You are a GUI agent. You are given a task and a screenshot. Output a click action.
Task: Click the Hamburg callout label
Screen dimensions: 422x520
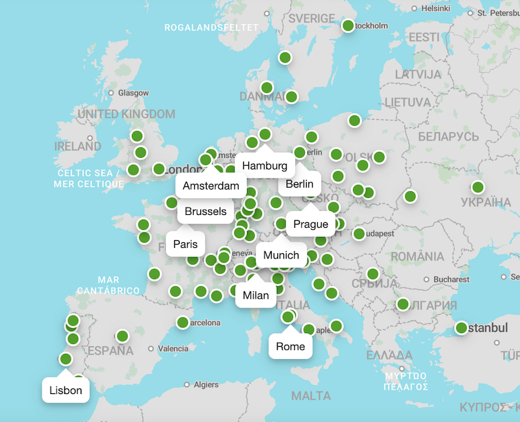point(265,166)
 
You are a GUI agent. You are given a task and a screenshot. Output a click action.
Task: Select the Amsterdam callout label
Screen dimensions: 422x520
point(211,186)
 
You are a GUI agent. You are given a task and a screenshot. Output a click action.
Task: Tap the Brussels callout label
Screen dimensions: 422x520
point(205,211)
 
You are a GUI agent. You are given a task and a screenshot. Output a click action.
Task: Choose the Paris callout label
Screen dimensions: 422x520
point(185,244)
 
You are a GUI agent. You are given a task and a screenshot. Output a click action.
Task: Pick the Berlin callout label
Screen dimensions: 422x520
point(299,184)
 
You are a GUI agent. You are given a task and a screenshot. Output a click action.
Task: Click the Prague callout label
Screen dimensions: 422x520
point(311,224)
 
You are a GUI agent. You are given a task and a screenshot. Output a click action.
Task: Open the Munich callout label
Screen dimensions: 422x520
point(281,255)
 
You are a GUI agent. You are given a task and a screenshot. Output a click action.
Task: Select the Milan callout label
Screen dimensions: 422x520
point(255,295)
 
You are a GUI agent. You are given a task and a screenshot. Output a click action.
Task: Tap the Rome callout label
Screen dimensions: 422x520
point(291,346)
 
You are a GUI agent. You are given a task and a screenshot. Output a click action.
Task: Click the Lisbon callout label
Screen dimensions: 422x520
point(66,390)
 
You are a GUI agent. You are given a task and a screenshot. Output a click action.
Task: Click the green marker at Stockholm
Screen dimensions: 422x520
point(348,26)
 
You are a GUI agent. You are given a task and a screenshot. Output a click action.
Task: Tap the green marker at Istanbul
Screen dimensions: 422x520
point(461,328)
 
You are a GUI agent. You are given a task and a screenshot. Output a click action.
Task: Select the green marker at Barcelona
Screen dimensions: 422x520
point(183,323)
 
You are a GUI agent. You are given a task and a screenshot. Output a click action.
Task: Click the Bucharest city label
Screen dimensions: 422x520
point(451,279)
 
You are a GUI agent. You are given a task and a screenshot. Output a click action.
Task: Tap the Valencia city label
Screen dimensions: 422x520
point(173,349)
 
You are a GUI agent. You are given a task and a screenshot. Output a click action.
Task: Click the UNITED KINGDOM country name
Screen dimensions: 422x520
point(126,114)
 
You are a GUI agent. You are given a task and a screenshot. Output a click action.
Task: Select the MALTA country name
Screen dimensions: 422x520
point(311,396)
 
